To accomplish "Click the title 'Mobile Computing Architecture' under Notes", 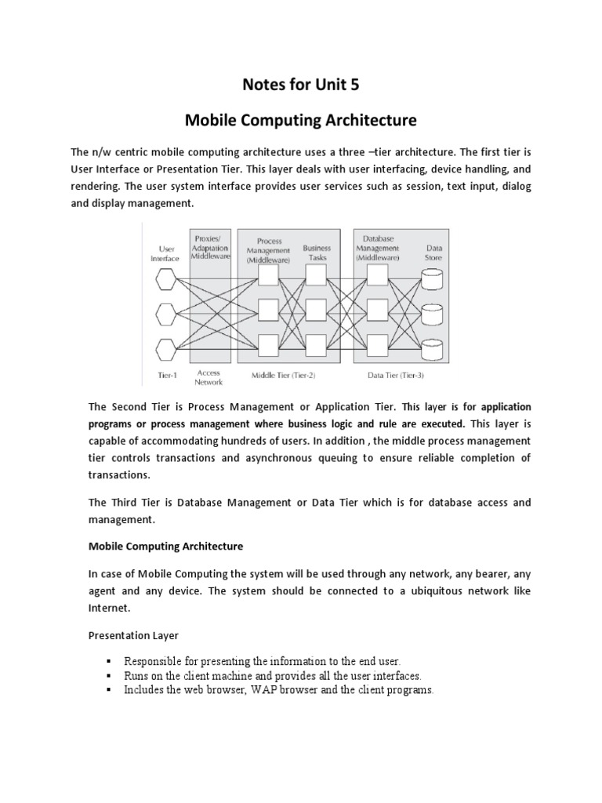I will pos(301,121).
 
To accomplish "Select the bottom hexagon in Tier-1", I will pos(166,347).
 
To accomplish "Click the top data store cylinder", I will pos(432,278).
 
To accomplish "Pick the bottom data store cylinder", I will pos(432,347).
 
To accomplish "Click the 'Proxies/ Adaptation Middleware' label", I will pos(210,245).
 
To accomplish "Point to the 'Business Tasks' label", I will pos(317,251).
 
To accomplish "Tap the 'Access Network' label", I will pos(209,378).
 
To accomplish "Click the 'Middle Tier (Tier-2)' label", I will pos(284,376).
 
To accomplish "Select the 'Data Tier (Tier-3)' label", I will pos(396,376).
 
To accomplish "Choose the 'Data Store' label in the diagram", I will pos(433,251).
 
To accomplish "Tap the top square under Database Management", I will pos(377,275).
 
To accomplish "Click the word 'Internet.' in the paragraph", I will pos(108,607).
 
